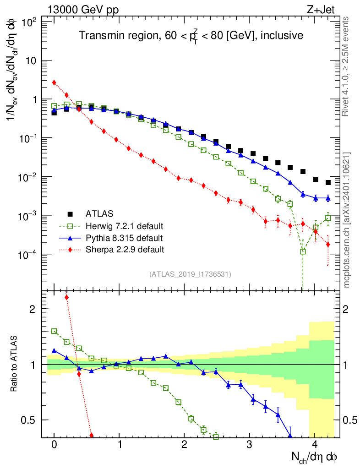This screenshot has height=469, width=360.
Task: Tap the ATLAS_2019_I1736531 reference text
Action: tap(190, 274)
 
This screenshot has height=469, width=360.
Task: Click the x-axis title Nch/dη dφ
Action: tap(315, 457)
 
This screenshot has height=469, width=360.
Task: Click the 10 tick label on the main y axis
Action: tap(33, 61)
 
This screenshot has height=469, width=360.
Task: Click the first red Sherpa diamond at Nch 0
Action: tap(54, 82)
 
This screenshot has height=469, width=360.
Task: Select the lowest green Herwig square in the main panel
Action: tap(303, 251)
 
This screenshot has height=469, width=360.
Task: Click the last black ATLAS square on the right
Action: tap(328, 182)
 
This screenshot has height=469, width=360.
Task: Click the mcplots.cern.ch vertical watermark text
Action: tap(348, 220)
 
